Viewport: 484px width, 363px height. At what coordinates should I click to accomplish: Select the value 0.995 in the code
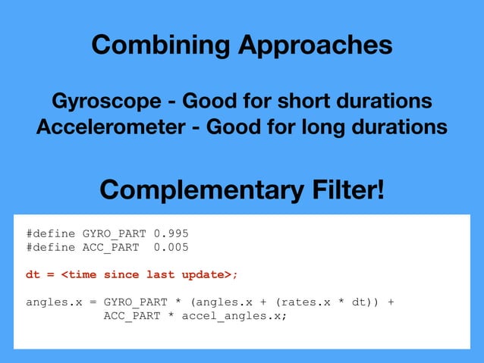click(x=171, y=233)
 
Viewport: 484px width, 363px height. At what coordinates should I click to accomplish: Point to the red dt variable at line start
click(x=33, y=274)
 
